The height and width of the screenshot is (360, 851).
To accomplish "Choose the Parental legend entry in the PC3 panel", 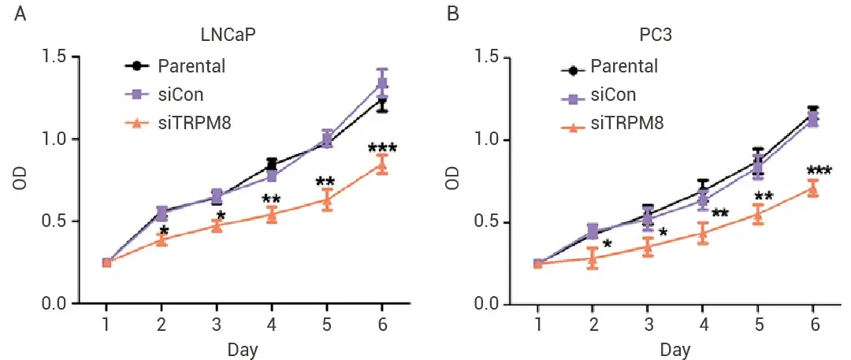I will click(623, 67).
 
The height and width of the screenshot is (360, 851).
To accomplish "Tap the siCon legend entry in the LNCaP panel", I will click(180, 95).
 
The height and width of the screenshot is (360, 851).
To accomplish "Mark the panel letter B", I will click(453, 14).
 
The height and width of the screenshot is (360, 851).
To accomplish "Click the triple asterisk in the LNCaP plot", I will click(382, 149).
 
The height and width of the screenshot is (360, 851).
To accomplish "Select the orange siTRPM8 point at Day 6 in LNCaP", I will click(382, 165).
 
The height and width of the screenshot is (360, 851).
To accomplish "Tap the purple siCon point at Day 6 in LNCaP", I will click(382, 84).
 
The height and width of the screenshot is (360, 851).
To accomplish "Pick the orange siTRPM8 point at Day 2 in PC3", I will click(593, 258).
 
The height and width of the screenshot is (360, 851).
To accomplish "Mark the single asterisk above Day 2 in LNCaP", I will click(163, 231).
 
